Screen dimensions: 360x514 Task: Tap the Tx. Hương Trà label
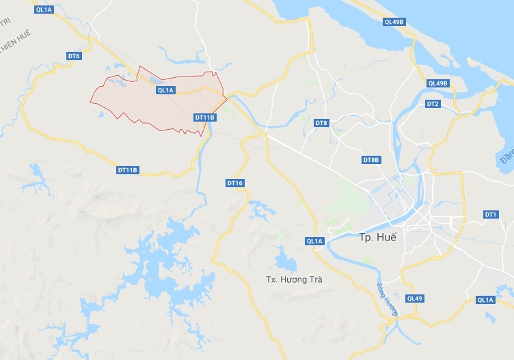tap(293, 279)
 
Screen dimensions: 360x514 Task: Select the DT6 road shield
tap(74, 55)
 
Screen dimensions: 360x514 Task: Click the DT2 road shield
tap(432, 104)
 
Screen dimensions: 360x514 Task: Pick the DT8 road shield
tap(321, 123)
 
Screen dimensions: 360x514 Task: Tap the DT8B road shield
tap(370, 160)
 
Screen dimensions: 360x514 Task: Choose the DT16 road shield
tap(235, 183)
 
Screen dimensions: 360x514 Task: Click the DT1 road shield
tap(490, 214)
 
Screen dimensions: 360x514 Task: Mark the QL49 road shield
tap(415, 299)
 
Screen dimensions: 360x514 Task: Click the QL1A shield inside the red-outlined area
tap(166, 90)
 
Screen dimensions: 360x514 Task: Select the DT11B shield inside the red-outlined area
tap(204, 117)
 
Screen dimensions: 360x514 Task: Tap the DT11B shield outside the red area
tap(128, 169)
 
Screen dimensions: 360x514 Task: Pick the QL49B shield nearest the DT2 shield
tap(437, 83)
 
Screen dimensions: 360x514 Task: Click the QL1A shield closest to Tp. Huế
tap(314, 240)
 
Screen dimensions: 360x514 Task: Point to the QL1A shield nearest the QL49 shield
tap(485, 300)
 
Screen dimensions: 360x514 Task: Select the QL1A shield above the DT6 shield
tap(44, 10)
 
